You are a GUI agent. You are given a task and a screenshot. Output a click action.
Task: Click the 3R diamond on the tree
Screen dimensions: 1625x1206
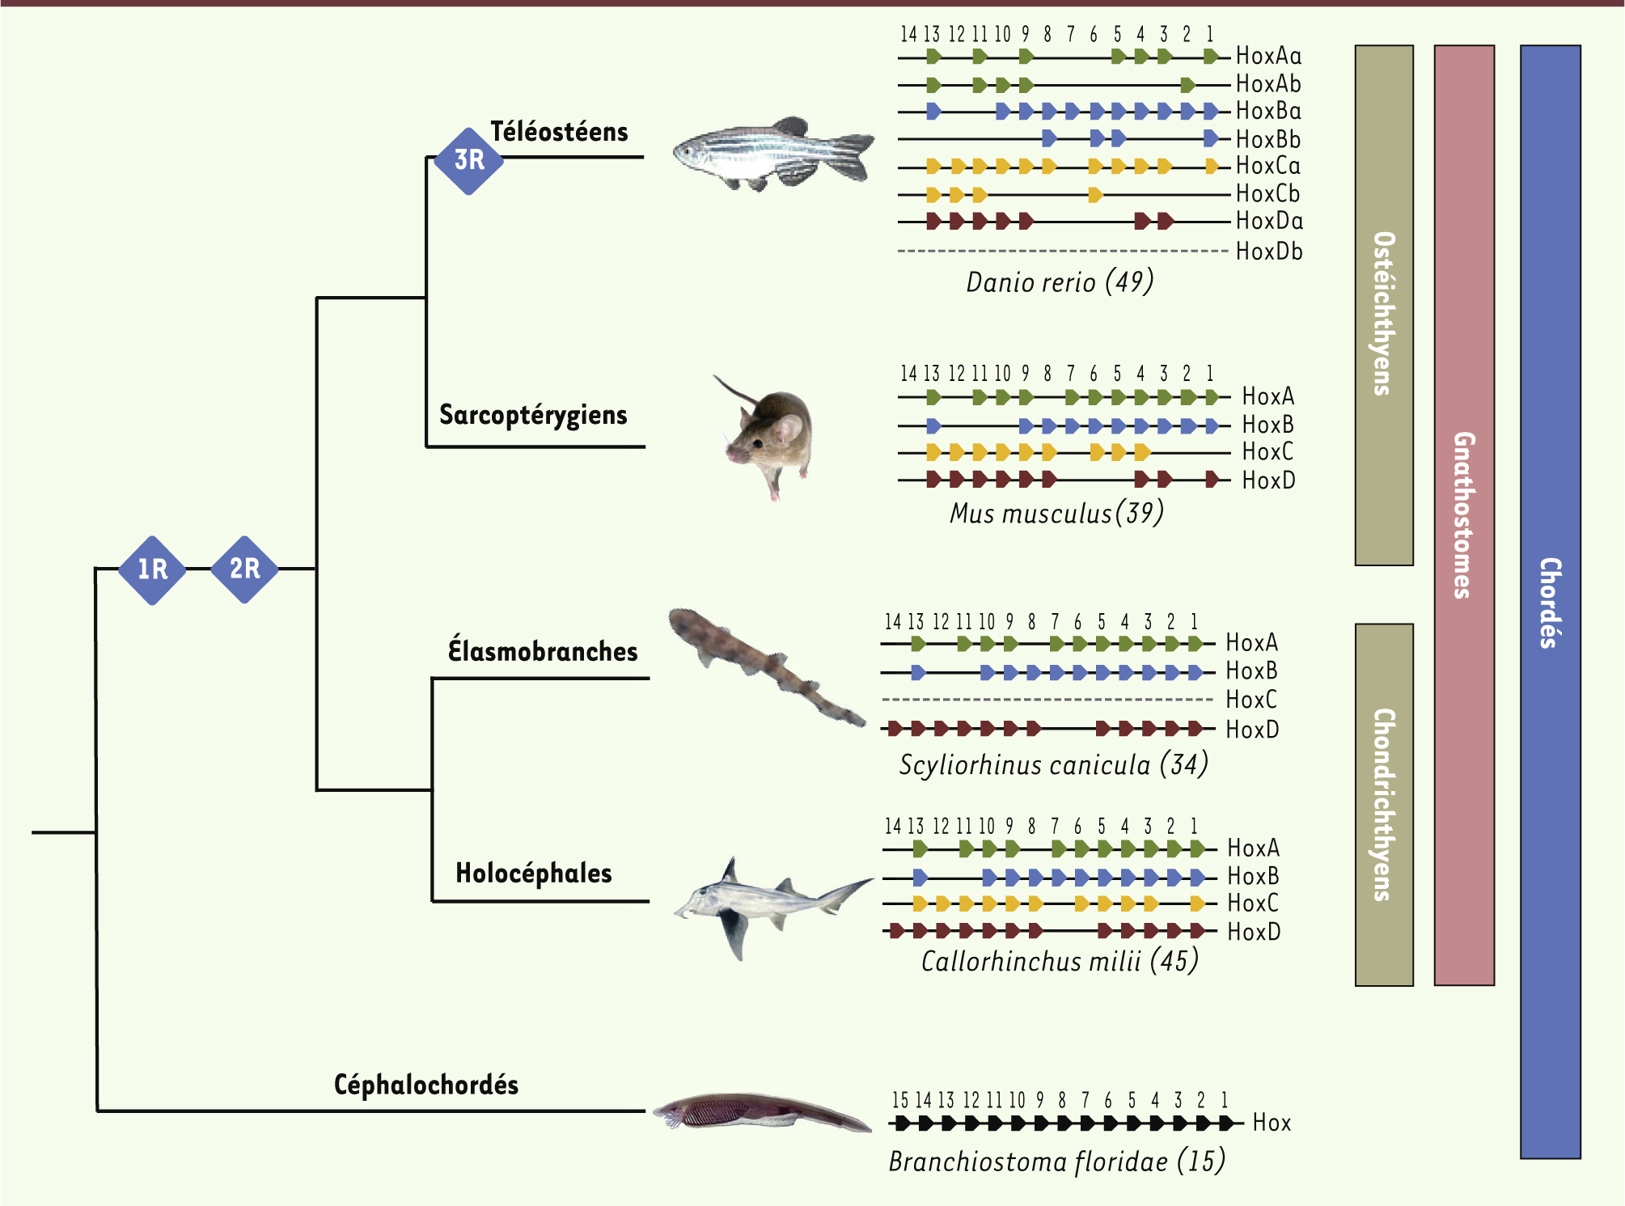469,161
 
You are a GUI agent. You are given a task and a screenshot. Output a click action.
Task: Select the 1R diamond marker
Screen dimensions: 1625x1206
152,569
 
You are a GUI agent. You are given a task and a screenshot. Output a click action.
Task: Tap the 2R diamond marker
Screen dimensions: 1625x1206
244,569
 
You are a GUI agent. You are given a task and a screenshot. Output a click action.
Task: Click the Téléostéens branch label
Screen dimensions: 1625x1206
559,132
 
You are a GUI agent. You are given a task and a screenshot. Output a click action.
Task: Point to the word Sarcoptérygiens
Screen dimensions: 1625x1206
533,415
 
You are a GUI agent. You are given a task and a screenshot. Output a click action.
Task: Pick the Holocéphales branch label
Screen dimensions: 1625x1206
534,873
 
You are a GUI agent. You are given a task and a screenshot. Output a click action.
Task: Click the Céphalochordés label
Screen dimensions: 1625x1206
426,1085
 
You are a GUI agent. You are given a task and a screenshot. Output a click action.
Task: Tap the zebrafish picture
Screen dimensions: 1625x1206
773,154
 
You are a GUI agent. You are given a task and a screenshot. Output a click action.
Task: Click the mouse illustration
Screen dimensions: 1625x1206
765,437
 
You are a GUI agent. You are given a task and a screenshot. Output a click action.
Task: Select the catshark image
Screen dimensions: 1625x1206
765,666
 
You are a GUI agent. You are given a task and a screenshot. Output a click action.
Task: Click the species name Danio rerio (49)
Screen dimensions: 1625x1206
1060,282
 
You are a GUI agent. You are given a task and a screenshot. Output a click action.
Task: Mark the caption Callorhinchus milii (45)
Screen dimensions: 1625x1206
1060,961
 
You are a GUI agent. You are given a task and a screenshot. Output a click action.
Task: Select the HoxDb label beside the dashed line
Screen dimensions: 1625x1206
1269,252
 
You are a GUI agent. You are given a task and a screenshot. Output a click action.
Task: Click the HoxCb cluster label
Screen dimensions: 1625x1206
1267,194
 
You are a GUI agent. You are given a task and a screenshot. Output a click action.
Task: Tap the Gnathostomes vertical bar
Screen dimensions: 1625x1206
1464,515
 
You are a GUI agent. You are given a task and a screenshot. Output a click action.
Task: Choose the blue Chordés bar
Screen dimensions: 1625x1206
1551,602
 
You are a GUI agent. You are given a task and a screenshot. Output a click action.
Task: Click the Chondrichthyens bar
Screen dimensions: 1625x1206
1384,805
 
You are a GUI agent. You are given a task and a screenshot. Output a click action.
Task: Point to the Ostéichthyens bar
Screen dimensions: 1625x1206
1384,305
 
